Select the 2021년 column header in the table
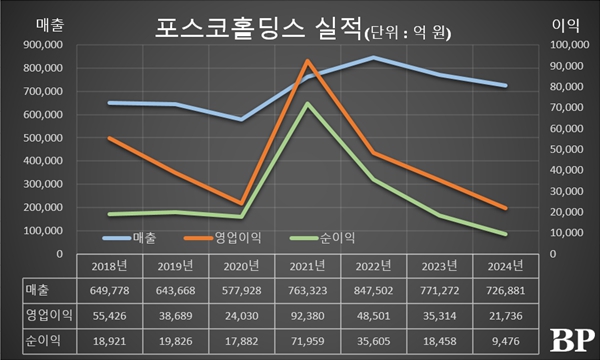tap(308, 266)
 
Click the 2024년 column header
tap(506, 266)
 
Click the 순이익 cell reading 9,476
tap(506, 341)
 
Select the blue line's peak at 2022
tap(374, 57)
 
